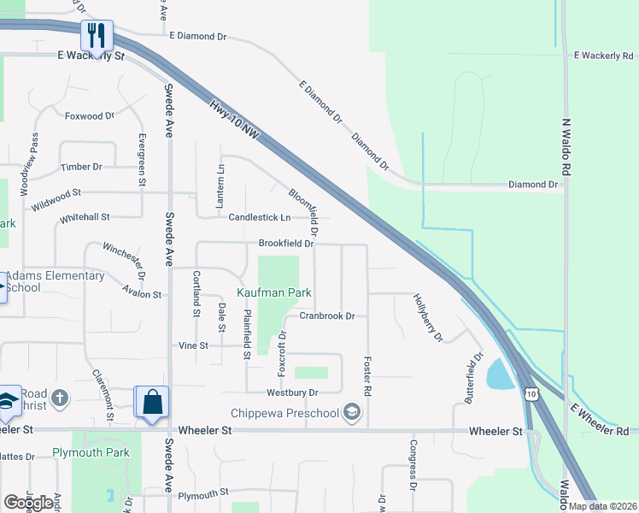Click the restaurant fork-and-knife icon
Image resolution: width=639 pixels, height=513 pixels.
pos(97,35)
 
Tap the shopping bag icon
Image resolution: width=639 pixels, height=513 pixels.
pos(152,402)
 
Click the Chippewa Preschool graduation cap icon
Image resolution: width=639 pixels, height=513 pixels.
pos(351,413)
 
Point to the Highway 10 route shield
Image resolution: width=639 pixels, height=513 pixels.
pos(531,392)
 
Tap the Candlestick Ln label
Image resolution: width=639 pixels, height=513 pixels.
pos(260,217)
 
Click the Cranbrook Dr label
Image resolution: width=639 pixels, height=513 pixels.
pos(326,315)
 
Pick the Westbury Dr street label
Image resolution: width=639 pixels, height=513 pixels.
pos(292,392)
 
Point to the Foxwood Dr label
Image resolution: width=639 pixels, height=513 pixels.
pos(89,115)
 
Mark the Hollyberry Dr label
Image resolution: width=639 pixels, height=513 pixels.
pos(428,318)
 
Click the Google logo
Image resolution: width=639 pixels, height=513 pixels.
pos(28,503)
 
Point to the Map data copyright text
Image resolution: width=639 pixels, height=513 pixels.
pos(602,506)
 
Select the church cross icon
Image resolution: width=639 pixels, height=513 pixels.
pos(59,398)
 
